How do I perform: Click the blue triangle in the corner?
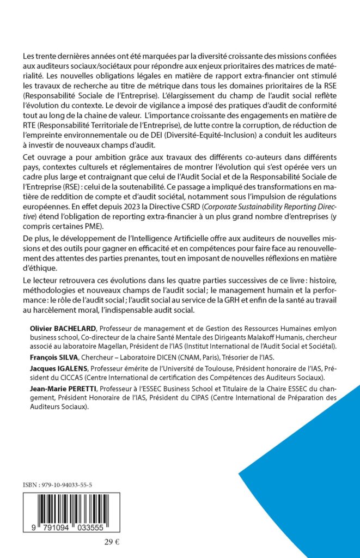point(316,480)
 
